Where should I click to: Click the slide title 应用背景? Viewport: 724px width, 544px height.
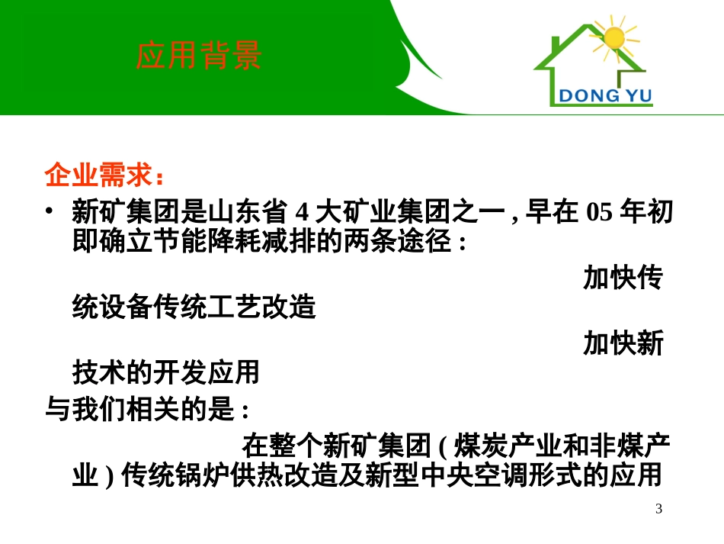pos(199,56)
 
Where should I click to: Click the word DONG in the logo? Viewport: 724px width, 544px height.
pos(585,96)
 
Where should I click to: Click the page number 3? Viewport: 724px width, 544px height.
pos(659,509)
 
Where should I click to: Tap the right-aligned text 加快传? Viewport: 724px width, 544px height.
pos(623,278)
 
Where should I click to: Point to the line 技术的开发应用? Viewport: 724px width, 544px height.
pos(166,372)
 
